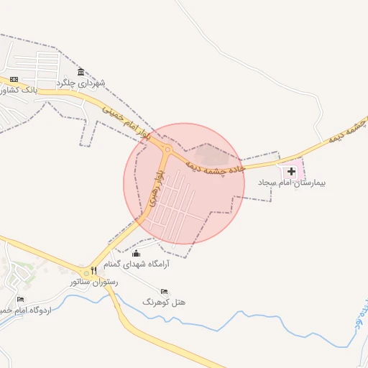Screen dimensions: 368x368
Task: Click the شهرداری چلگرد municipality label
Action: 86,83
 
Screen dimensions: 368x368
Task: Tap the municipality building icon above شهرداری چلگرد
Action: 80,71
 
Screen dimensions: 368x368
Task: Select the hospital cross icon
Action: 291,171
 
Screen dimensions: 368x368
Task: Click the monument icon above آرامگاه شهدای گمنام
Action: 137,252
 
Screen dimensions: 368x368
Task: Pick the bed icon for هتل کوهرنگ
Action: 164,291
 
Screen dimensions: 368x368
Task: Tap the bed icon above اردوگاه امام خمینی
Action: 20,299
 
